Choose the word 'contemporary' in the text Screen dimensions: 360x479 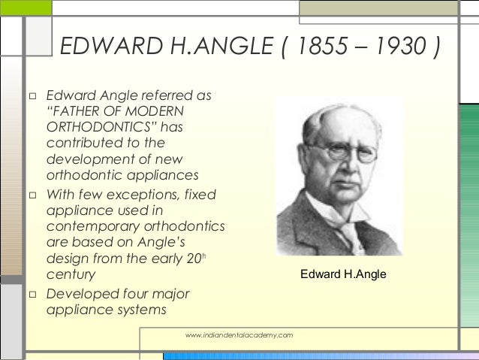coord(94,227)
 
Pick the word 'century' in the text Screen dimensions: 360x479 coord(71,274)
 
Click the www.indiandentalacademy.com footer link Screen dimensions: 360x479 coord(239,333)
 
